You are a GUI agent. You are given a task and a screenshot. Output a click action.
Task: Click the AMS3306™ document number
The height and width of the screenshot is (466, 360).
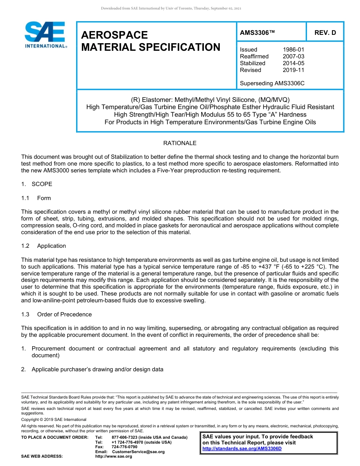point(257,33)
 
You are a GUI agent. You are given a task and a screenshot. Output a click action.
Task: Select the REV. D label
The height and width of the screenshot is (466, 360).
point(325,33)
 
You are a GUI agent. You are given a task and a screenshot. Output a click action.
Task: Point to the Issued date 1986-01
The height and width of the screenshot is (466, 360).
point(293,50)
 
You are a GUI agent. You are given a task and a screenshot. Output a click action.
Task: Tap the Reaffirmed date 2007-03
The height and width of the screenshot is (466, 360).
point(293,56)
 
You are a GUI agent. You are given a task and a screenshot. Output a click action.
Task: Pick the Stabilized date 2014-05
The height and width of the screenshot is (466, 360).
point(293,63)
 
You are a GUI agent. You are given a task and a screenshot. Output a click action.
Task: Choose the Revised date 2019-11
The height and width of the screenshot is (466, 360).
point(293,70)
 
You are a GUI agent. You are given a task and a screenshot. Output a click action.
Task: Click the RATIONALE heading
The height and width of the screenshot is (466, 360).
point(180,143)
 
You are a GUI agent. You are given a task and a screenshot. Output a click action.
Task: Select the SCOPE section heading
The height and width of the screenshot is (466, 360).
point(42,184)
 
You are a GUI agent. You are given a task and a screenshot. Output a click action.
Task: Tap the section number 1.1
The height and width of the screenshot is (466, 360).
point(25,198)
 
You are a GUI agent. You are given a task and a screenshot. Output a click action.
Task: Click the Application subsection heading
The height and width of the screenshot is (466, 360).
point(51,246)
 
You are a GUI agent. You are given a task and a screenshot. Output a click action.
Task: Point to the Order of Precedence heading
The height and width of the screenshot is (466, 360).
point(64,314)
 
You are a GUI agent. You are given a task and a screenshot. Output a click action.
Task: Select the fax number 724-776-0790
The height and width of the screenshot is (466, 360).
point(124,447)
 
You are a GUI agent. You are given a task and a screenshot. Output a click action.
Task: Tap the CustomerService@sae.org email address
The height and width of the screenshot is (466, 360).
point(138,452)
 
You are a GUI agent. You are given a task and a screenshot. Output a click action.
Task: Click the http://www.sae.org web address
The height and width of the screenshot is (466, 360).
point(114,457)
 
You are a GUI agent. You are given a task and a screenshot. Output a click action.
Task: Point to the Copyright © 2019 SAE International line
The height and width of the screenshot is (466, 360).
point(54,419)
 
